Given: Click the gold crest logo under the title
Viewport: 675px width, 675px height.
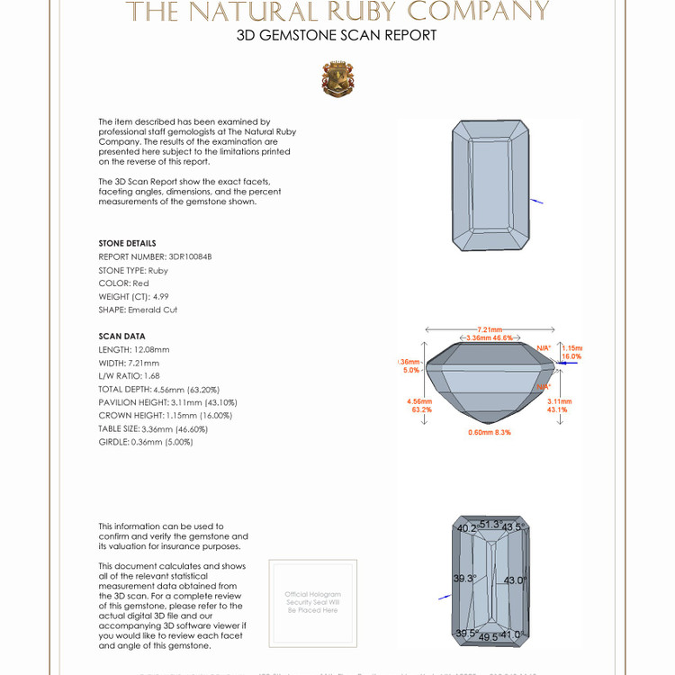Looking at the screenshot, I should tap(337, 79).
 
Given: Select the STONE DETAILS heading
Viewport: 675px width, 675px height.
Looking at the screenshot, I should tap(127, 243).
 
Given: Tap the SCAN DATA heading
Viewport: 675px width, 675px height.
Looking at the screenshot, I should tap(121, 336).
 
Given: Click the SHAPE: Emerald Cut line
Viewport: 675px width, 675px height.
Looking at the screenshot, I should tap(138, 310).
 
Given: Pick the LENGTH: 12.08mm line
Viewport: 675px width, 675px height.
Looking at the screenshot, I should tap(134, 349).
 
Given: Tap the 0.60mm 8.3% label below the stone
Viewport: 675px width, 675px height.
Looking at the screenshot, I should tap(490, 433).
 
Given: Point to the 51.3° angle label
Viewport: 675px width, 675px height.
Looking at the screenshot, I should tap(490, 524).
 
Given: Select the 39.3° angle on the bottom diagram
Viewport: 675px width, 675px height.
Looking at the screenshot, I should tap(464, 579).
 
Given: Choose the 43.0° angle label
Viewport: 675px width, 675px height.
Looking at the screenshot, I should tap(516, 580).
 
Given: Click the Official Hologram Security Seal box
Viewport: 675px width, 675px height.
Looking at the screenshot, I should tap(313, 602).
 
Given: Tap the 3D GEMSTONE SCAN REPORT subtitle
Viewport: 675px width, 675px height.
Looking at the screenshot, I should tap(337, 36).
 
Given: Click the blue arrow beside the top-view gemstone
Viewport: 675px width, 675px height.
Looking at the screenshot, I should tap(536, 201).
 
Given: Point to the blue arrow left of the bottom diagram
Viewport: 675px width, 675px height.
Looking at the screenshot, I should tap(444, 596).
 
